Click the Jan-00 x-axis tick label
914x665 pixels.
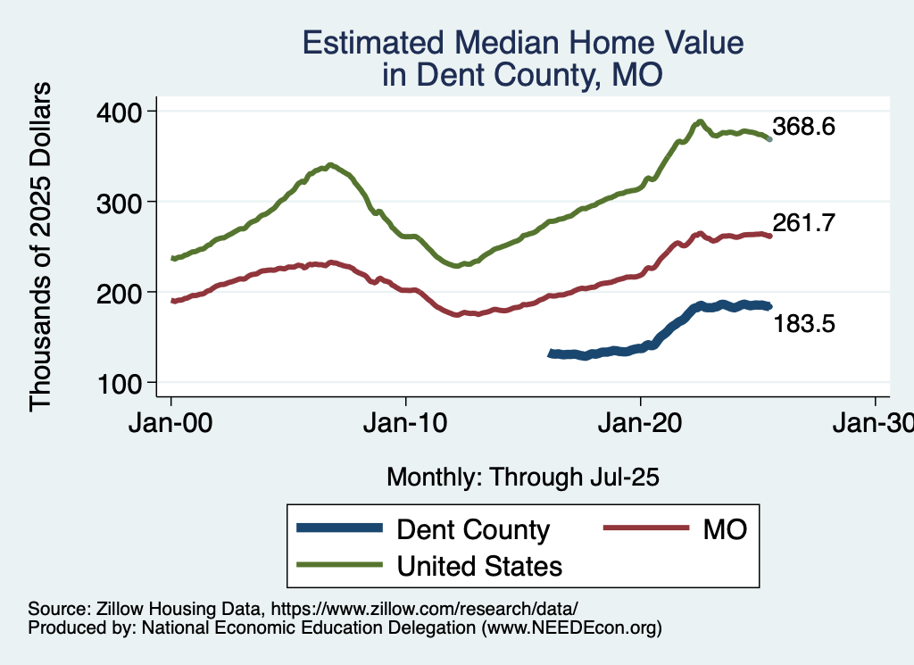point(171,424)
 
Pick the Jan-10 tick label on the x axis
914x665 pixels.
point(406,424)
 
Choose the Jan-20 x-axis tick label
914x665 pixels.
point(641,424)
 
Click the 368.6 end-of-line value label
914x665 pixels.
point(804,127)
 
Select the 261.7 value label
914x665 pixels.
point(804,223)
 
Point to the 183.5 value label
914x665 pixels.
point(804,325)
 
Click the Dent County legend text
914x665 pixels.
point(473,529)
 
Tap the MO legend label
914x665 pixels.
point(724,529)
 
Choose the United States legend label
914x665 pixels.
point(479,565)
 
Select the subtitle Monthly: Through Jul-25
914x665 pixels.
point(522,478)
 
